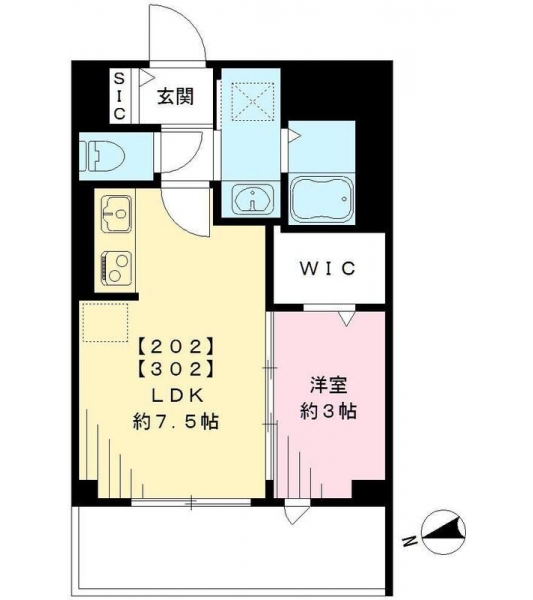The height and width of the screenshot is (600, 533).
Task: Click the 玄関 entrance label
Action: tap(176, 96)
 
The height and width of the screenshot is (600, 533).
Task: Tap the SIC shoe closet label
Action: tap(120, 96)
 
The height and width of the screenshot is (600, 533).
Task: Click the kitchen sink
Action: tap(116, 213)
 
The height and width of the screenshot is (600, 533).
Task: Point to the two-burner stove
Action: tap(116, 268)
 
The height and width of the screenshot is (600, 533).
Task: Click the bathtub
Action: tap(322, 199)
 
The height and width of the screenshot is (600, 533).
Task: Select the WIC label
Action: tap(328, 268)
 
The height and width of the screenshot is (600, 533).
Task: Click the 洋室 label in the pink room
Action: tap(329, 385)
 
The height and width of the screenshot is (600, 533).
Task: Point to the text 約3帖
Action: tap(329, 411)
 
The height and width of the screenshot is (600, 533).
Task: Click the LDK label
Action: tap(177, 396)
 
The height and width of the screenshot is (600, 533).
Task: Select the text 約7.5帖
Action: tap(176, 422)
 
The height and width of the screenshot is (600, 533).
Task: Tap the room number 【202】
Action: tap(175, 347)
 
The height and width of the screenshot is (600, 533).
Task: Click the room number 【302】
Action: tap(175, 369)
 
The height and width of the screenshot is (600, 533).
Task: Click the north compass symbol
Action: tap(443, 533)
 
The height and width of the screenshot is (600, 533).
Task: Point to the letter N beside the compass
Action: tap(409, 541)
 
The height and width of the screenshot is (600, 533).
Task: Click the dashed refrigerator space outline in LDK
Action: tap(105, 322)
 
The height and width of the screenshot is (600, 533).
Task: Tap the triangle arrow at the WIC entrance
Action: tap(347, 319)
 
